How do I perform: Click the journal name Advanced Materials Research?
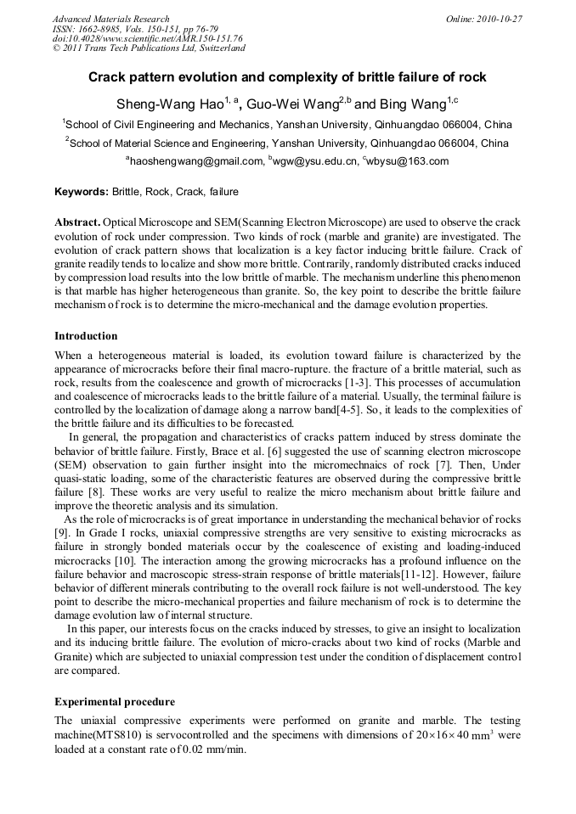tap(110, 19)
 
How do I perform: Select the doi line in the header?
tap(147, 38)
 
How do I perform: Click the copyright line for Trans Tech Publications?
tap(149, 48)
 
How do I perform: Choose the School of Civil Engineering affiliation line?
tap(288, 124)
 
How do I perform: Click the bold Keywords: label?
tap(82, 192)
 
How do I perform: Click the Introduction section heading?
tap(86, 336)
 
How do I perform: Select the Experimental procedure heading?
tap(115, 702)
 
